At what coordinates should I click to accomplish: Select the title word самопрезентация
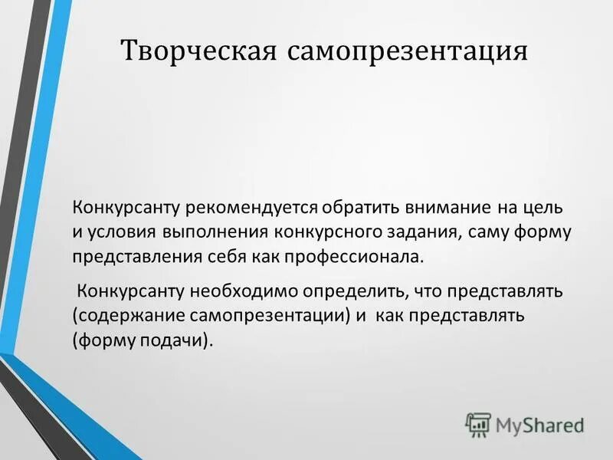point(408,51)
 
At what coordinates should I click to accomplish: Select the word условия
point(121,232)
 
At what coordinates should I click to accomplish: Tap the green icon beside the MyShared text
point(477,424)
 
